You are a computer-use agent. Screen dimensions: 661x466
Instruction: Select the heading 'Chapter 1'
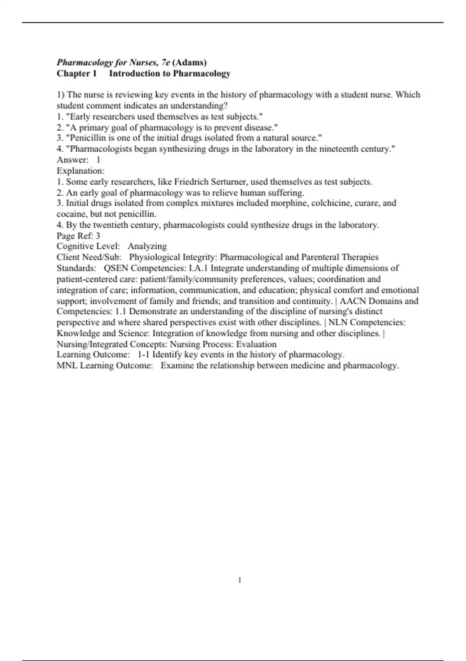(77, 73)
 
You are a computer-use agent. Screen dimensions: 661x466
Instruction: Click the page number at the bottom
(240, 580)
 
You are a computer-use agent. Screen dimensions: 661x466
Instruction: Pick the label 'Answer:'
(73, 160)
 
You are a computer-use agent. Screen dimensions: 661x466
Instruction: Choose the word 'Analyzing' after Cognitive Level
(147, 246)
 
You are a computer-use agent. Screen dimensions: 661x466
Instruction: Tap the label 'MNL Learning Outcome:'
(105, 365)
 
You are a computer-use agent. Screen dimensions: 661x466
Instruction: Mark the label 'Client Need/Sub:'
(89, 257)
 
